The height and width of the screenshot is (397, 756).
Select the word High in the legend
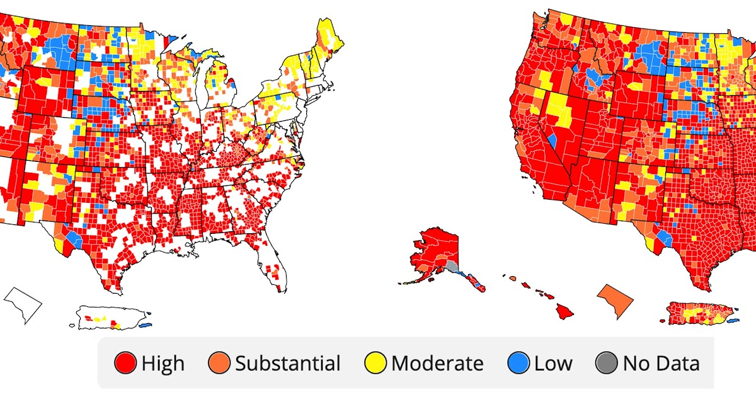point(163,364)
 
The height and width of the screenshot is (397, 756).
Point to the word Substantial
point(287,364)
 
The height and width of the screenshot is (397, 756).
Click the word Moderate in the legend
point(437,364)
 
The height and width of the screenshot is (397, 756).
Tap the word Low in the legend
point(553,364)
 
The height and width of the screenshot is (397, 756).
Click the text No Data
point(661,364)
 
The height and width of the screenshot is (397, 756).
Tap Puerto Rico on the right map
point(697,312)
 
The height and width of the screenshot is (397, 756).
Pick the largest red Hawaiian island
point(564,310)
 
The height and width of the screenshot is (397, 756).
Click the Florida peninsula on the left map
point(274,265)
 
